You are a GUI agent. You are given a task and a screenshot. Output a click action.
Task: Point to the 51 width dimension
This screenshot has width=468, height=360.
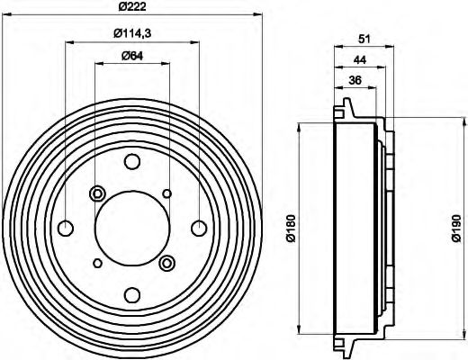coord(365,39)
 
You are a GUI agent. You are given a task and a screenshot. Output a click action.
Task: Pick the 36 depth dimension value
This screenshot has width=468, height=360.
coord(355,81)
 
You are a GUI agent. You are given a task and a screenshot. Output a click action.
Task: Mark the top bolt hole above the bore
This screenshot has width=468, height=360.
coord(131,162)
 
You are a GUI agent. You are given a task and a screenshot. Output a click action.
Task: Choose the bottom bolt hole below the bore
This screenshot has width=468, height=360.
coord(131,294)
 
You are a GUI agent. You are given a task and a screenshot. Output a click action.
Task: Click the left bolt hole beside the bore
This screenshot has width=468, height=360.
coord(66,228)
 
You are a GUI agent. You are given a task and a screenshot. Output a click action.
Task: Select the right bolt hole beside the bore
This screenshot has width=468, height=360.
coord(198,228)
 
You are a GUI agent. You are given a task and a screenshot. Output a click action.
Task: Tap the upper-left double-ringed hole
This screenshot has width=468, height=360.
coord(97,193)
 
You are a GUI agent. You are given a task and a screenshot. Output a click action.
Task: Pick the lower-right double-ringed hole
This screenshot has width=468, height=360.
coord(166,263)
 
